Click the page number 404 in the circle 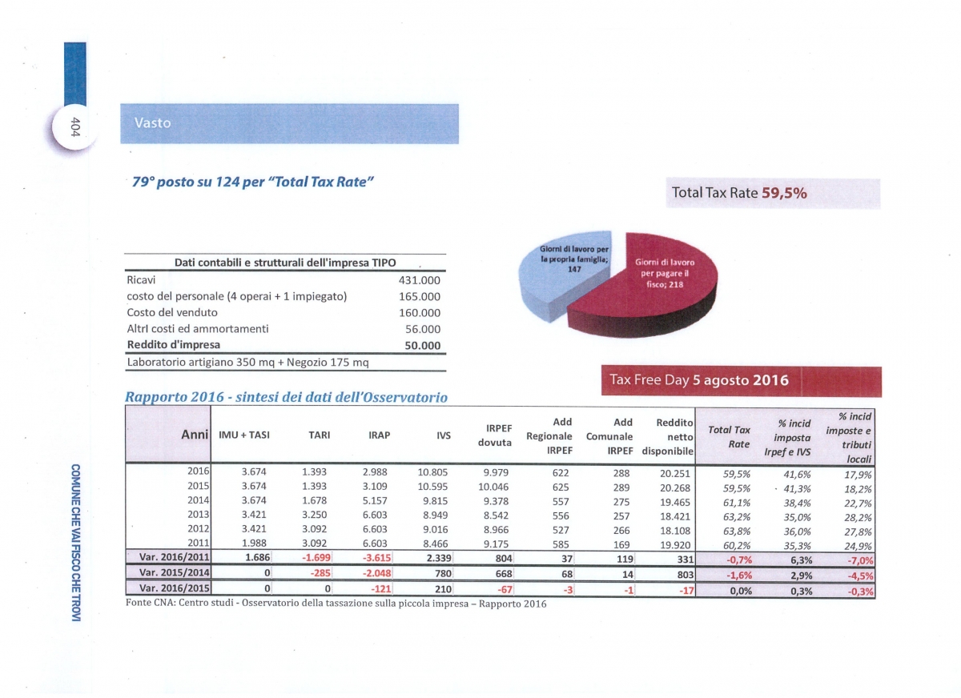click(x=75, y=127)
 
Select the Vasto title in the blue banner click(x=153, y=123)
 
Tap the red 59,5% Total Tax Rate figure click(x=784, y=193)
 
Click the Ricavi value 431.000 click(x=419, y=280)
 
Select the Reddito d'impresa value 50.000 click(x=423, y=346)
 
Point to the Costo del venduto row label click(x=172, y=312)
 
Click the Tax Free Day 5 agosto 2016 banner click(x=742, y=381)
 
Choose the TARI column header click(x=320, y=435)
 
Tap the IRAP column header click(x=380, y=435)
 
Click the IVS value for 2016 click(x=432, y=472)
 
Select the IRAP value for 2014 click(x=375, y=501)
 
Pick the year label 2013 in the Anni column click(x=199, y=514)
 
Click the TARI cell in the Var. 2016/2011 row click(x=316, y=558)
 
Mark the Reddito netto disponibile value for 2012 click(x=675, y=531)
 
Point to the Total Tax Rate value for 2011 click(x=737, y=546)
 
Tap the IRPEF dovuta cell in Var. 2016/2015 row click(x=505, y=590)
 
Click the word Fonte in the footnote click(x=138, y=603)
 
